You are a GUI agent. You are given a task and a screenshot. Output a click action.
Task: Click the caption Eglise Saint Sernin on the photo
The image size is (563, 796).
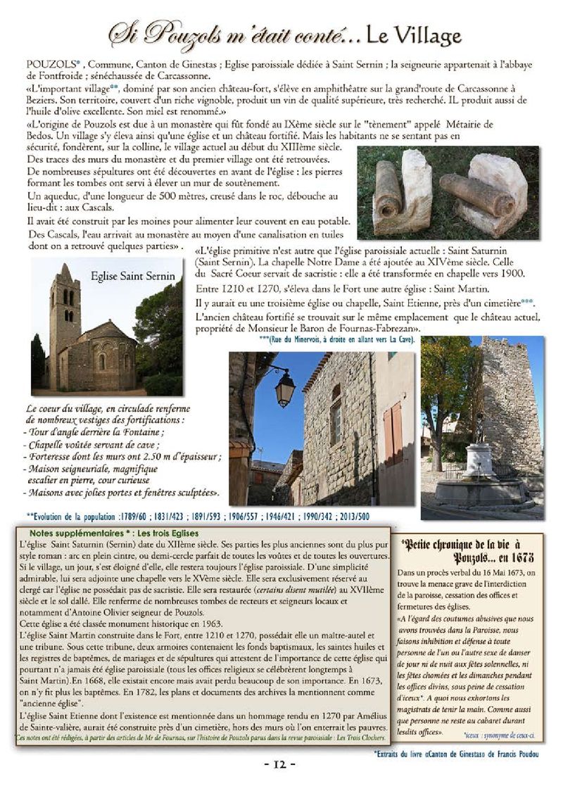(x=133, y=277)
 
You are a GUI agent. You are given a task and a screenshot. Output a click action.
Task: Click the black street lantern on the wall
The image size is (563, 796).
(x=284, y=386)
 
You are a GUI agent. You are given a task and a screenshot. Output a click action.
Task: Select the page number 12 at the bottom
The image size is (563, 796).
(x=281, y=764)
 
